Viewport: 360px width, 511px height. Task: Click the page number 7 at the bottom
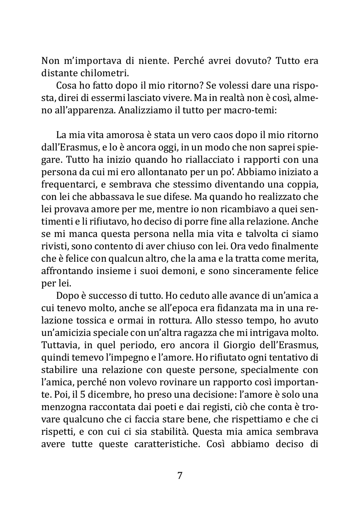click(x=180, y=476)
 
